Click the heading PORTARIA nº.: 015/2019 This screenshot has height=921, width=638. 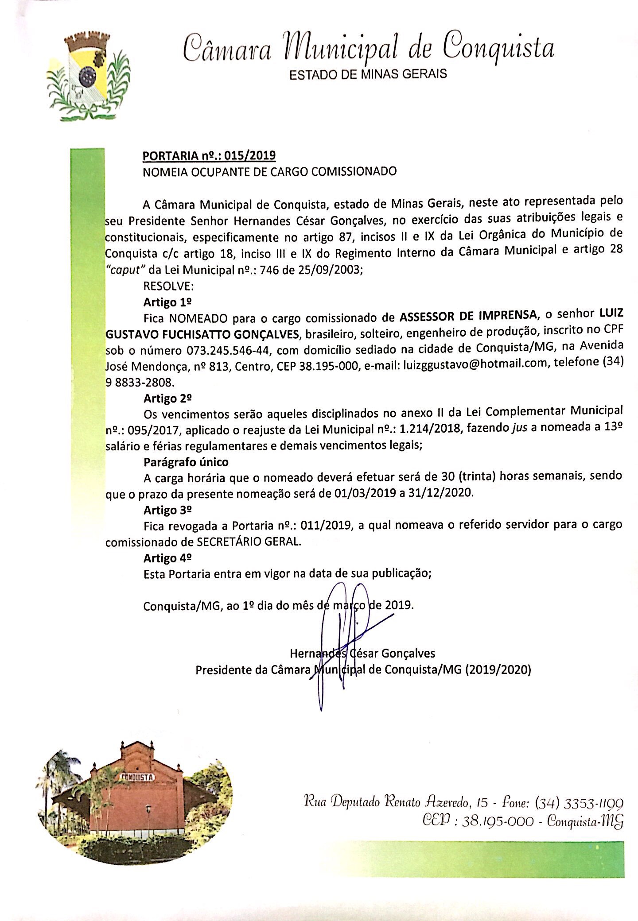click(x=209, y=155)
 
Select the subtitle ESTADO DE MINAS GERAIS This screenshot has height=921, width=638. click(x=368, y=74)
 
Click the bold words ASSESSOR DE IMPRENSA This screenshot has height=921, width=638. click(x=467, y=316)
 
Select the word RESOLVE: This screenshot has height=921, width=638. click(x=169, y=286)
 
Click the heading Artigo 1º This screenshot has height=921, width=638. click(x=167, y=302)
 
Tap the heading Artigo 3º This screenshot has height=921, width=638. click(x=167, y=510)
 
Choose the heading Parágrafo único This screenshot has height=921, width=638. click(x=186, y=462)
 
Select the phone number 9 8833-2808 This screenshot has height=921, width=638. click(x=140, y=382)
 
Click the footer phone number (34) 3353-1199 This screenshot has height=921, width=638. click(x=579, y=802)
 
